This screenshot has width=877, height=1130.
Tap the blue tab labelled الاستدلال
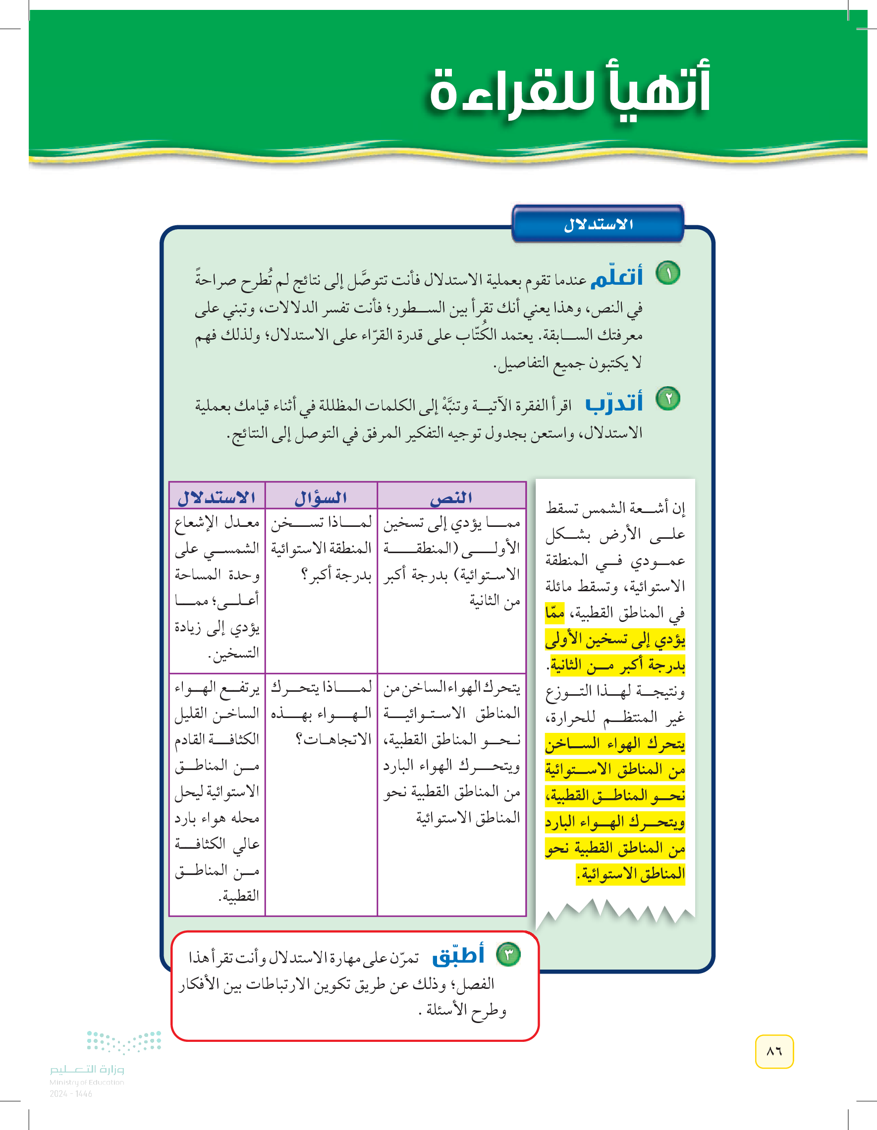pyautogui.click(x=598, y=224)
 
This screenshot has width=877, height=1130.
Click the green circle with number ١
pyautogui.click(x=668, y=273)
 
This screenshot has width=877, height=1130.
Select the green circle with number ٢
pyautogui.click(x=668, y=399)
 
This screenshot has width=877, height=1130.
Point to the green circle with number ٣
pyautogui.click(x=508, y=955)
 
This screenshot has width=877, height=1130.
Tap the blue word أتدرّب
pyautogui.click(x=614, y=403)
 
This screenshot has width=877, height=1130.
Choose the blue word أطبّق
pyautogui.click(x=458, y=955)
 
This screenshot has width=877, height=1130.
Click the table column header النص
pyautogui.click(x=451, y=497)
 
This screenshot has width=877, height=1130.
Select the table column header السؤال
pyautogui.click(x=321, y=498)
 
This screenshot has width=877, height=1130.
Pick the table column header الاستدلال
pyautogui.click(x=217, y=498)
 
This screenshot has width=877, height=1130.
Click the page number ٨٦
pyautogui.click(x=774, y=1051)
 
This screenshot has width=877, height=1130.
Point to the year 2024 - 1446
pyautogui.click(x=71, y=1094)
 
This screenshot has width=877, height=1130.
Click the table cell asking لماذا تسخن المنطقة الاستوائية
pyautogui.click(x=321, y=549)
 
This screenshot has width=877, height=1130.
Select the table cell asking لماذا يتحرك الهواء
pyautogui.click(x=321, y=713)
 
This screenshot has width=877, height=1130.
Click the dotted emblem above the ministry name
pyautogui.click(x=124, y=1041)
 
